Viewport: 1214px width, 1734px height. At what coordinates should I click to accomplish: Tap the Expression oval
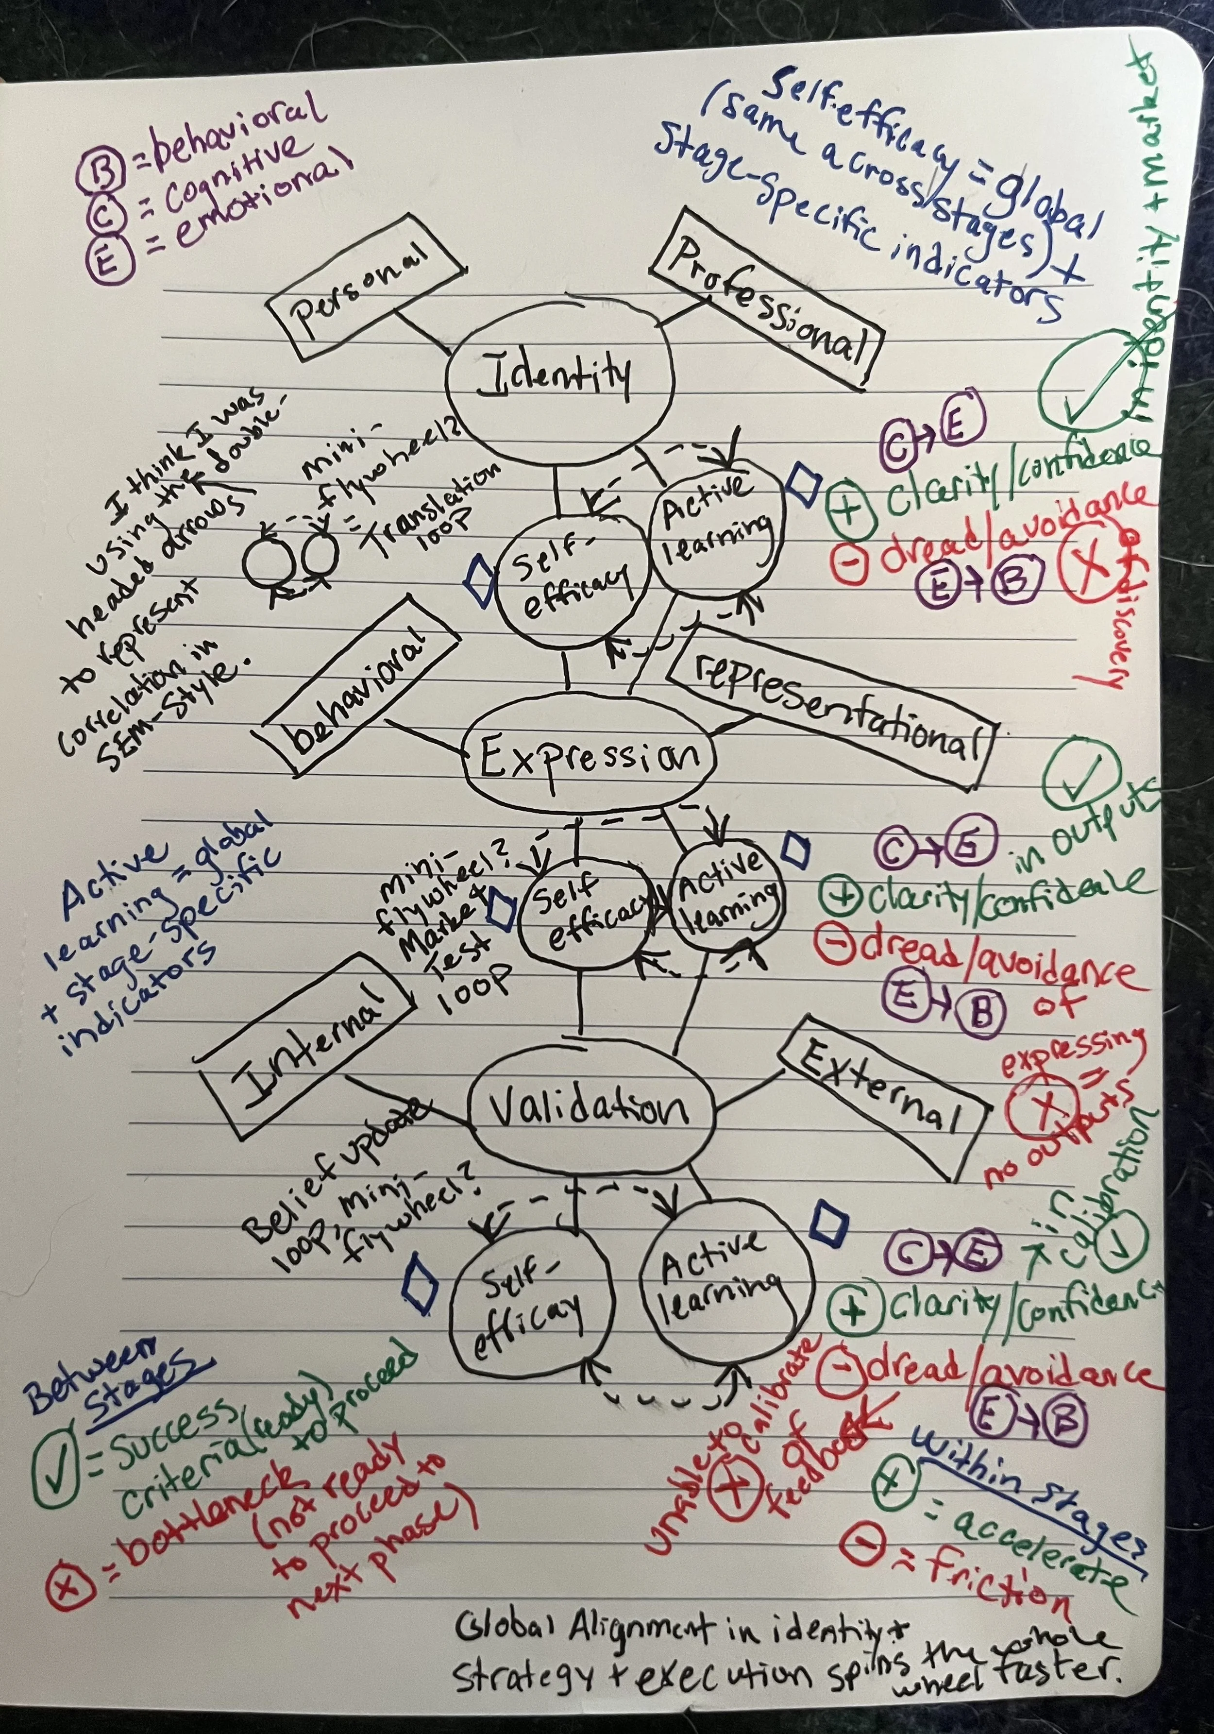(590, 755)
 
